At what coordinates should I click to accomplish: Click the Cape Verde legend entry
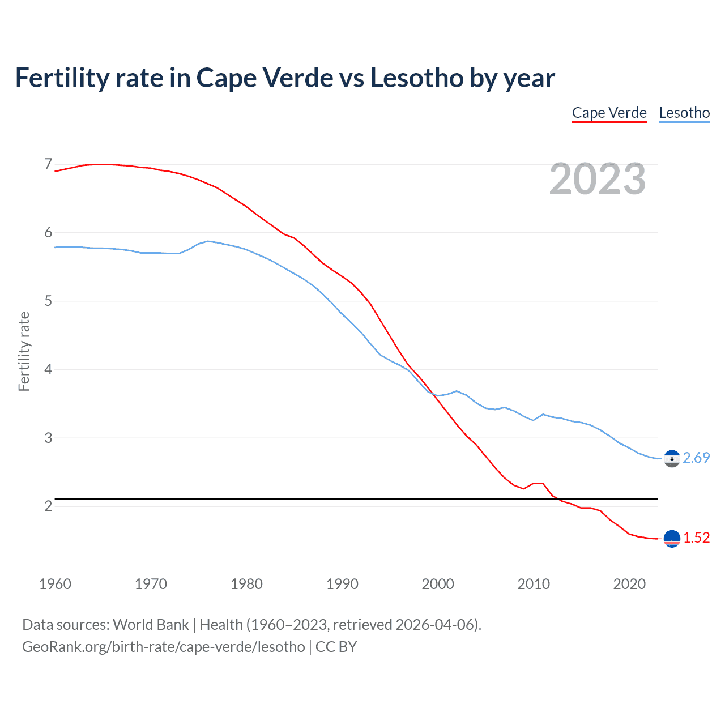(x=609, y=113)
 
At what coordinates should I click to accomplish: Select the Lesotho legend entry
(x=684, y=113)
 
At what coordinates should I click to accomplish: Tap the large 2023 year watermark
(x=598, y=179)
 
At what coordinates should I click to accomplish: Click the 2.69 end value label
(x=696, y=458)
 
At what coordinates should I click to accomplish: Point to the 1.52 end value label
(x=696, y=538)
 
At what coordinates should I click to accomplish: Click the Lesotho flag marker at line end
(x=672, y=458)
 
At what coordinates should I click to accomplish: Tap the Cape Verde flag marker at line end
(x=672, y=539)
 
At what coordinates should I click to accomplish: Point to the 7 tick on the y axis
(x=48, y=164)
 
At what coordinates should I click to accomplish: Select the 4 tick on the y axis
(x=48, y=369)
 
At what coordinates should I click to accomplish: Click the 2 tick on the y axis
(x=48, y=506)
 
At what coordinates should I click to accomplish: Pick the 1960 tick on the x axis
(x=55, y=584)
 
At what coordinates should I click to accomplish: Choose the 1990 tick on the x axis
(x=342, y=584)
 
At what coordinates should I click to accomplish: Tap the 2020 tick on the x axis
(x=629, y=584)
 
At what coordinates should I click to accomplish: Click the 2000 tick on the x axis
(x=438, y=584)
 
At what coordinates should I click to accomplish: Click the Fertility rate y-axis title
(x=24, y=351)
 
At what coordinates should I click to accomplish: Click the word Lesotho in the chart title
(x=416, y=78)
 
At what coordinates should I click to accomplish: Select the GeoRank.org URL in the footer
(x=163, y=647)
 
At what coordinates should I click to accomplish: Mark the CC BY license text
(x=336, y=647)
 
